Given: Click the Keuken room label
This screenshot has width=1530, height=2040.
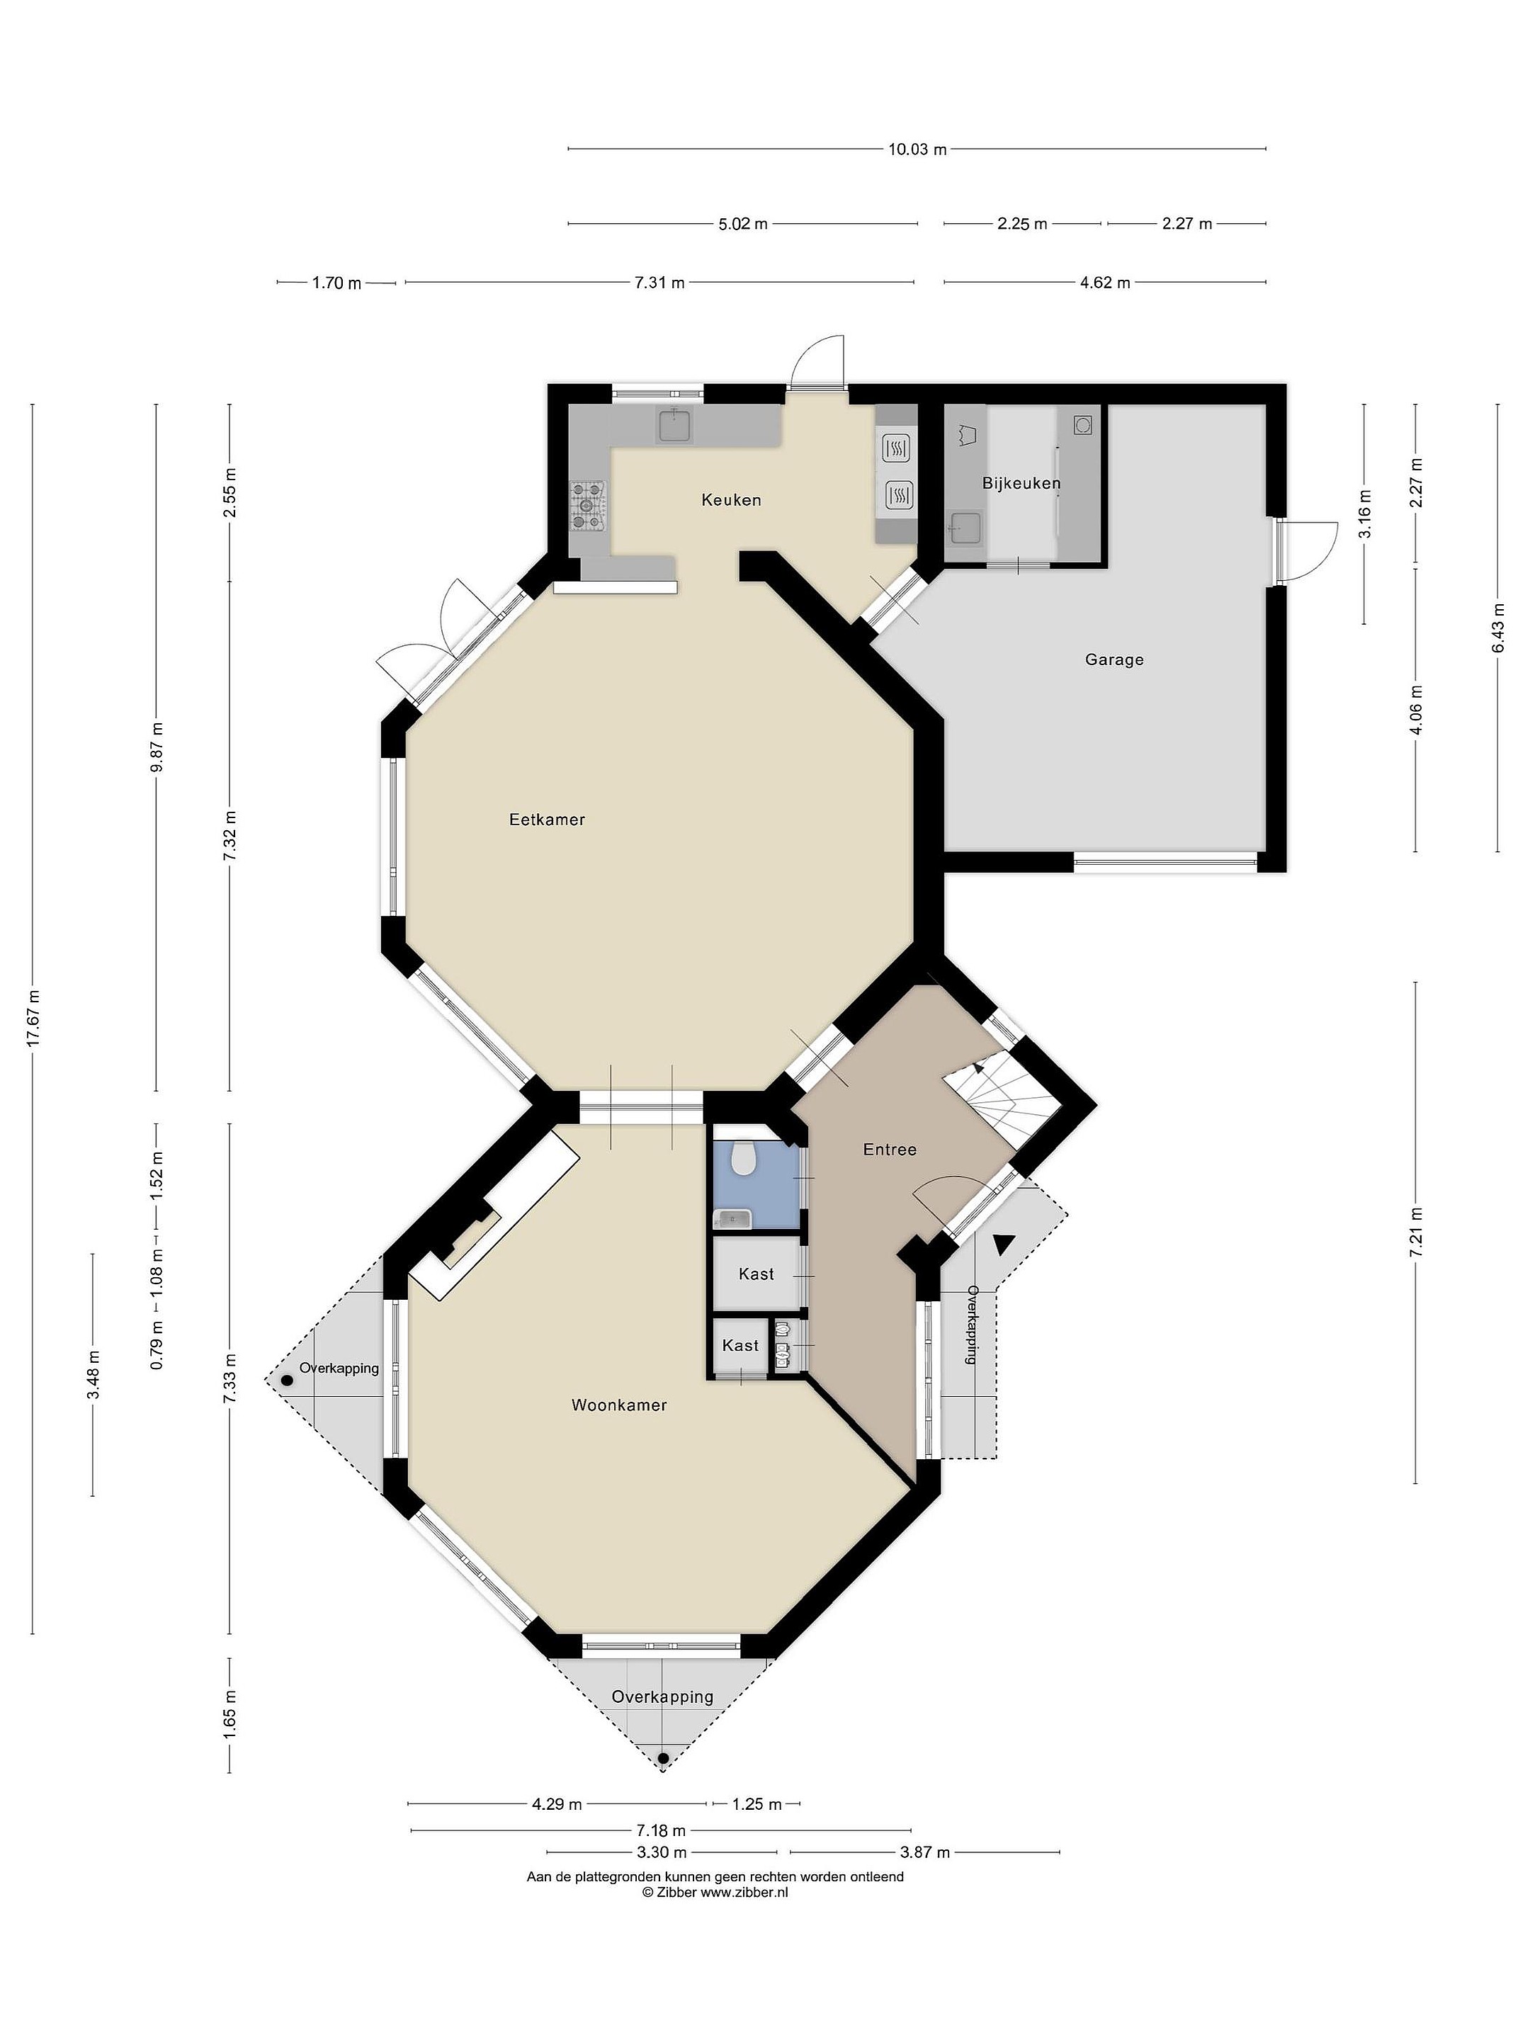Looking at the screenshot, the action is click(x=730, y=500).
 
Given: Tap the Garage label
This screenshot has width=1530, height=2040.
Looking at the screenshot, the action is click(x=1114, y=659).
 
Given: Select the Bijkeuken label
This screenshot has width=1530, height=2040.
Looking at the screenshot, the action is click(x=1021, y=483).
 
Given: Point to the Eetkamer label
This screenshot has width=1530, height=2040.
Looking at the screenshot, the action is click(x=547, y=819).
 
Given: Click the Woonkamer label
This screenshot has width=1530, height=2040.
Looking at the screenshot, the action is click(x=619, y=1405).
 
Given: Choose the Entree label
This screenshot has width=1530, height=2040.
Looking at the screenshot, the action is click(x=889, y=1149).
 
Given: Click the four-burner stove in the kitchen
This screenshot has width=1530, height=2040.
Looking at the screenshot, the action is click(x=587, y=507).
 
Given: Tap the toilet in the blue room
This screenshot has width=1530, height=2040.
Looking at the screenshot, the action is click(x=742, y=1157).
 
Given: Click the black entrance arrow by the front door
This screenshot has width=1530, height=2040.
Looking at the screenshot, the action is click(x=1002, y=1244).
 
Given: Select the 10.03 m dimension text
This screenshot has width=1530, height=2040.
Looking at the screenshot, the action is click(x=917, y=149).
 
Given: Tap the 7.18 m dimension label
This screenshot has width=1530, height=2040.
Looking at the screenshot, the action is click(x=660, y=1830).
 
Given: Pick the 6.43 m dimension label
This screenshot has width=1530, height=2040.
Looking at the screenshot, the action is click(x=1497, y=628).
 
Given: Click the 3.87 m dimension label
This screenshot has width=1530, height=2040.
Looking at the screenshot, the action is click(x=924, y=1852).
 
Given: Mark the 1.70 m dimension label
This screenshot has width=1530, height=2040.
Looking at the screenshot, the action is click(x=336, y=283).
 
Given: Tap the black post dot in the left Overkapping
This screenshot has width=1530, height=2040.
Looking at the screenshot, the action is click(x=288, y=1381).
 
